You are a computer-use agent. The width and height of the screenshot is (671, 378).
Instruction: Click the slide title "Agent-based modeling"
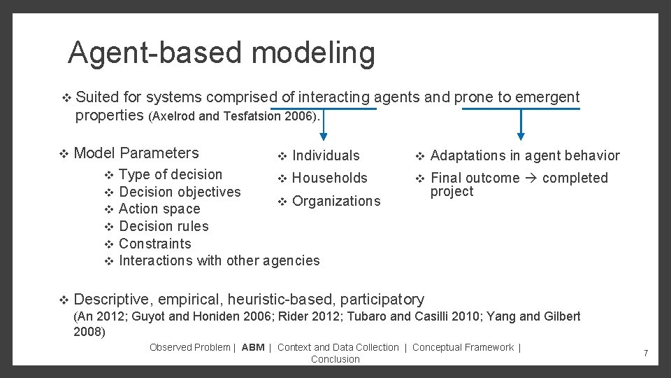pos(221,53)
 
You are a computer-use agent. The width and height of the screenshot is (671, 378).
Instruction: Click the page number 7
pos(646,353)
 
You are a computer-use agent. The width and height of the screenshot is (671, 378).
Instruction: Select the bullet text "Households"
pos(329,178)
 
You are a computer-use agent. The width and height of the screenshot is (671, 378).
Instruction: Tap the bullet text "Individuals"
pos(326,156)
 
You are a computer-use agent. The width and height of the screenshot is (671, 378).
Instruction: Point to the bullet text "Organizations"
pos(336,202)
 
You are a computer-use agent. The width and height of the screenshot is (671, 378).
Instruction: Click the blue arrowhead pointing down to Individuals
pos(324,136)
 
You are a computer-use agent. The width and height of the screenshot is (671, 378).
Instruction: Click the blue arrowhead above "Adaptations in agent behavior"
pos(520,136)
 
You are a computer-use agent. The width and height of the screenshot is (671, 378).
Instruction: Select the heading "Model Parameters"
pos(136,153)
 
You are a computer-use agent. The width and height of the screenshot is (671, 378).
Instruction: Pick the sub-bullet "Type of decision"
pos(171,175)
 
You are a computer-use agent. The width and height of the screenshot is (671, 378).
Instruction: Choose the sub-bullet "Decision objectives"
pos(180,192)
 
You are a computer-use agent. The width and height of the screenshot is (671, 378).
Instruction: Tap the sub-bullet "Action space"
pos(159,209)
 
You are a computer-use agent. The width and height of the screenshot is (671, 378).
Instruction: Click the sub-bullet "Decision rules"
pos(164,226)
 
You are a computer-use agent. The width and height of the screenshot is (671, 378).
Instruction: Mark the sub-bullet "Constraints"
pos(154,244)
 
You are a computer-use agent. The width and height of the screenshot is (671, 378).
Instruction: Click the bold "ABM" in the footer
pos(253,348)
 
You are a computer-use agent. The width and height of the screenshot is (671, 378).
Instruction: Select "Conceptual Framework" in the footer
pos(463,348)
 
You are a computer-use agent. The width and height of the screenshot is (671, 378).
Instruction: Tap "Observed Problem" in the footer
pos(189,348)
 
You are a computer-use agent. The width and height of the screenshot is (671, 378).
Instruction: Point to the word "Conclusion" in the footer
pos(335,360)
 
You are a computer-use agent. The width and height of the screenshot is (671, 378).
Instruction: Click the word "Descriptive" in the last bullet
pos(111,300)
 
